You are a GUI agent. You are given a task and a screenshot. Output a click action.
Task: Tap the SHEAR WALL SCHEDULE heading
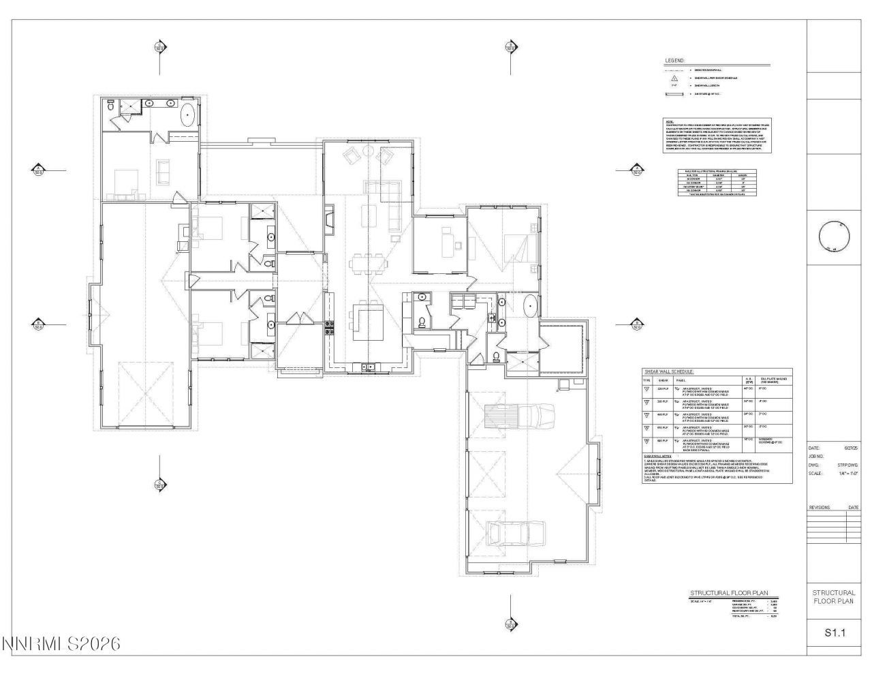click(x=668, y=371)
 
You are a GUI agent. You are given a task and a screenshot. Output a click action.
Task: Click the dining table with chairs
click(x=367, y=261)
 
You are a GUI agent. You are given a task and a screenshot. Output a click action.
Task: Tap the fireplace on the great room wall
click(x=330, y=219)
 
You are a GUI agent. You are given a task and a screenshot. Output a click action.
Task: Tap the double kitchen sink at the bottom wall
click(x=368, y=367)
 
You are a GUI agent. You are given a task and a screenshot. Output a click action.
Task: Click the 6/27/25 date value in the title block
click(x=851, y=448)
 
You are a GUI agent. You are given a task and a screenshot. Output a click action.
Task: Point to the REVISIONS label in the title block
click(x=820, y=508)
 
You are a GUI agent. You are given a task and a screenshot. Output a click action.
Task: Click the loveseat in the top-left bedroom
click(x=163, y=172)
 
